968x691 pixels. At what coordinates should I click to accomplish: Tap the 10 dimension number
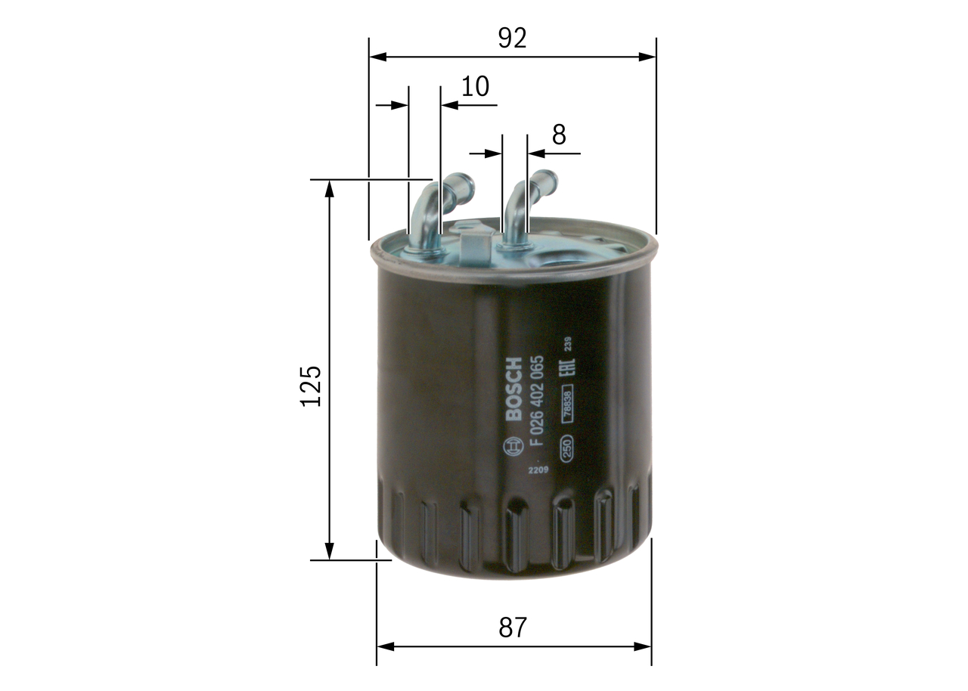[475, 87]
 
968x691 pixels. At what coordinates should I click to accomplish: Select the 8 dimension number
[558, 135]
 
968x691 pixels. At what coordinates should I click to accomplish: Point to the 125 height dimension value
[311, 386]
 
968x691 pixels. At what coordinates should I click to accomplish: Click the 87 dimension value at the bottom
[512, 627]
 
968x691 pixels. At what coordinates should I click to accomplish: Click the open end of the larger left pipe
[464, 184]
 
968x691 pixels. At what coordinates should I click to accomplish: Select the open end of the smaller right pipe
[548, 180]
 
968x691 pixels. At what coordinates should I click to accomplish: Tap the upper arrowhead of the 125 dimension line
[329, 187]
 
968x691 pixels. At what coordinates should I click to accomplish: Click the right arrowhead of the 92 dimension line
[648, 57]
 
